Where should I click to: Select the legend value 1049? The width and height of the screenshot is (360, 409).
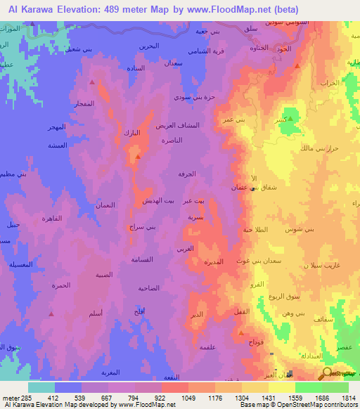(x=175, y=397)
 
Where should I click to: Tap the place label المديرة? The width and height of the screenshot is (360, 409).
(x=214, y=261)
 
